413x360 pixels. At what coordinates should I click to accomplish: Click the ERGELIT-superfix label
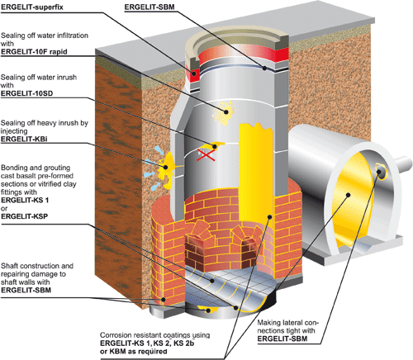[32, 7]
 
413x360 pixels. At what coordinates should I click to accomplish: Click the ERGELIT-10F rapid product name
[34, 52]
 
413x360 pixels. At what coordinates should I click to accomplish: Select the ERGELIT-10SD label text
[26, 93]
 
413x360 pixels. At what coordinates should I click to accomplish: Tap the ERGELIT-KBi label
[24, 139]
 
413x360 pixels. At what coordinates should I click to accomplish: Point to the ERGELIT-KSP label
[25, 216]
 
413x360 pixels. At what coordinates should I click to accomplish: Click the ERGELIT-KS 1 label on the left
[25, 200]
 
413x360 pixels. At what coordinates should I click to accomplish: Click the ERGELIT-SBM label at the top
[150, 7]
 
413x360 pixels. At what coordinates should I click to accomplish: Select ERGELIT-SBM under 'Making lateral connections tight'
[282, 339]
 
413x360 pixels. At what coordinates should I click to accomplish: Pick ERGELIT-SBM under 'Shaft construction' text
[26, 290]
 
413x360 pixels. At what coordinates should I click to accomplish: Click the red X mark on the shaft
[206, 155]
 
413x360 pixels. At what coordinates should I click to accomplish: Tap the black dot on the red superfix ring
[194, 73]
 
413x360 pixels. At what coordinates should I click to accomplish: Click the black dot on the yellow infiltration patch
[226, 111]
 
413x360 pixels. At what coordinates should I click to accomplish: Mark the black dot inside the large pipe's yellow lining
[349, 195]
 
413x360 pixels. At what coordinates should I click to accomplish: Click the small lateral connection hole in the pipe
[381, 171]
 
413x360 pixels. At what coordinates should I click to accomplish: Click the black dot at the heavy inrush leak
[166, 167]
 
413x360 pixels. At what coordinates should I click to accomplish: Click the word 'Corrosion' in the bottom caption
[115, 335]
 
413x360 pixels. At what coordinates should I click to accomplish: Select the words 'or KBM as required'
[134, 352]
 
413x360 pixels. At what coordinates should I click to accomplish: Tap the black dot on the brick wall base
[164, 299]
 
